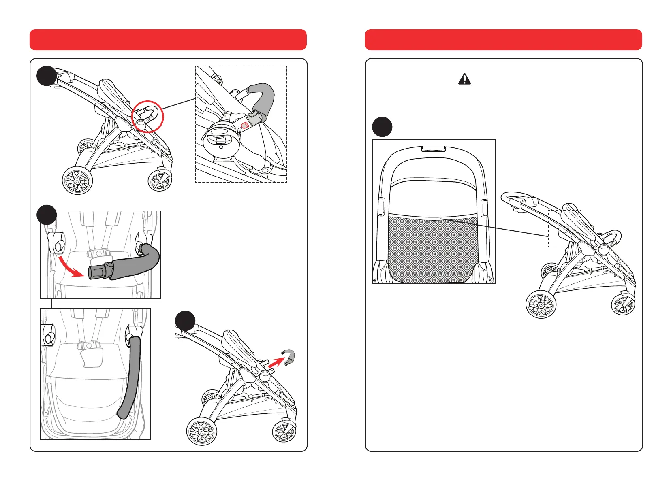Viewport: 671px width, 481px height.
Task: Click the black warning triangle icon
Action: tap(464, 79)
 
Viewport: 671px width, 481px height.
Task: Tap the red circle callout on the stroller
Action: tap(147, 117)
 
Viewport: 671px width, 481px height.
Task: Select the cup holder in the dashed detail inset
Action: tap(221, 140)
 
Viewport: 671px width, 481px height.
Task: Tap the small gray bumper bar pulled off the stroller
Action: tap(288, 356)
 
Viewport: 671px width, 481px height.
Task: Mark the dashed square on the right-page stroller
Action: tap(564, 228)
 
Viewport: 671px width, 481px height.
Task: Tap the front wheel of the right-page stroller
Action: tap(623, 304)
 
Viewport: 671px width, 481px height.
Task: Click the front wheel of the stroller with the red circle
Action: tap(160, 181)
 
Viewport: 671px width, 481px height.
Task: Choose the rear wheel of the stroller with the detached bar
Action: tap(201, 431)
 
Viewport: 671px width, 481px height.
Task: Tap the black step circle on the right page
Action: tap(382, 127)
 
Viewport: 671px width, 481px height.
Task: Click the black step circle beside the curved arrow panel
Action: tap(47, 215)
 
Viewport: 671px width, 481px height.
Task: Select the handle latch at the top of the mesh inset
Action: tap(433, 149)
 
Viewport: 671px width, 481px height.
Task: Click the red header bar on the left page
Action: tap(168, 40)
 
